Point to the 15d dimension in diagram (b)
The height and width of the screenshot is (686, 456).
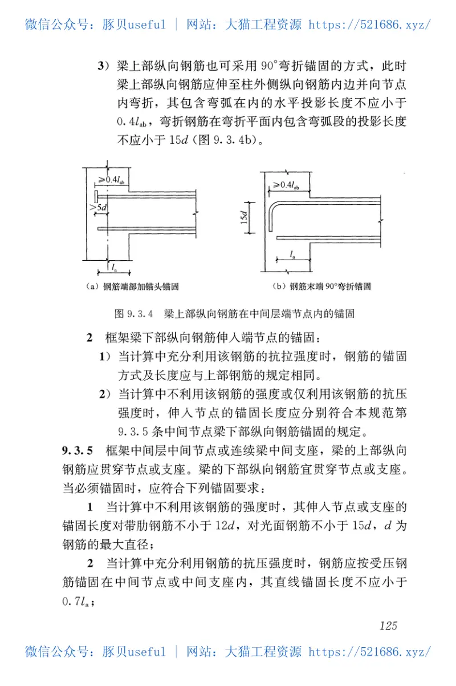[245, 217]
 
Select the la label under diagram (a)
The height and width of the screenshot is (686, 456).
[115, 267]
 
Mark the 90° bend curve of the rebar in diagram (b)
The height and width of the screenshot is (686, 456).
[273, 205]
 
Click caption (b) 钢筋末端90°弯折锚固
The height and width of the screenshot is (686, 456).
[322, 286]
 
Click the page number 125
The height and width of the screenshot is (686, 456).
[388, 626]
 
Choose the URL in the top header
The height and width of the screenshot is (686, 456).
[369, 25]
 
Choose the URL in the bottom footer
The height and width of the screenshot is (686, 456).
[369, 651]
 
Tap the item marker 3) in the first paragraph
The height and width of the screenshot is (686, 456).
[102, 66]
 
